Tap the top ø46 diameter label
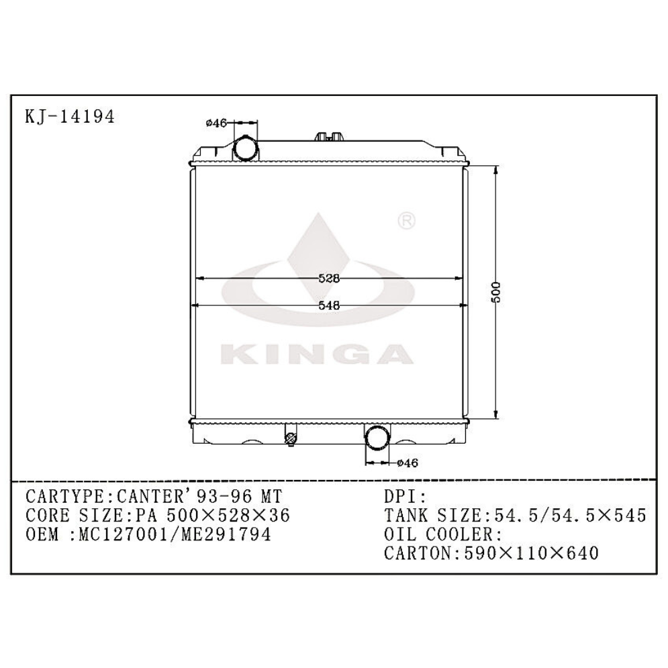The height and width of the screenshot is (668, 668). (216, 123)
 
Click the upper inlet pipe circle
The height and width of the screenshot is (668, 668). (245, 148)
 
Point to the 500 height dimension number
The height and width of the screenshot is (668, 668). (496, 291)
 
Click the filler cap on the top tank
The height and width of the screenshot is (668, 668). (328, 136)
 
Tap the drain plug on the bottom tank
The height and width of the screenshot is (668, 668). (291, 439)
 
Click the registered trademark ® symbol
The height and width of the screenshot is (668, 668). (408, 221)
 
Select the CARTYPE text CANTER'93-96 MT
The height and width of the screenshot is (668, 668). (195, 497)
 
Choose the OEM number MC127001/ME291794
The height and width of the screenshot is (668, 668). (175, 534)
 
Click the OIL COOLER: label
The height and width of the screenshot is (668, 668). (443, 534)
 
